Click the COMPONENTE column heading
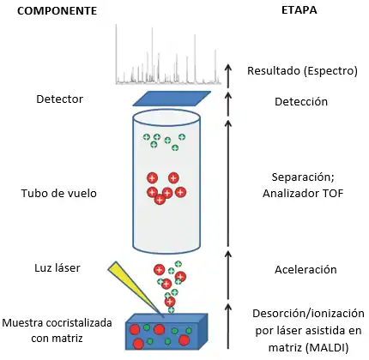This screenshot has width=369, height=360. point(57,11)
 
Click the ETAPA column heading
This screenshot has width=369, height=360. point(299,10)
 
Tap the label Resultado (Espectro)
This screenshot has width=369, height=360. point(302,71)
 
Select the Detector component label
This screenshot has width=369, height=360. point(60,99)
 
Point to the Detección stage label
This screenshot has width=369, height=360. point(301,101)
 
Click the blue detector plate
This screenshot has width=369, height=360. point(172,99)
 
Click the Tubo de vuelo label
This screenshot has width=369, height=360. point(59,194)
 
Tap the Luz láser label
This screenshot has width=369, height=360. point(57,268)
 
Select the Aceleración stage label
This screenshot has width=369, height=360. point(305,270)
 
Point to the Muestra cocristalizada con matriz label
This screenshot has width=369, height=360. point(57,331)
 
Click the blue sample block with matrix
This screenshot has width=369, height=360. point(166,332)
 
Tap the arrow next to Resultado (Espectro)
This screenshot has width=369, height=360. point(228,76)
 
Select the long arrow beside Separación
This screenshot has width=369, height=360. point(228,183)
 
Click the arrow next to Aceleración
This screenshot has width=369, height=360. point(228,275)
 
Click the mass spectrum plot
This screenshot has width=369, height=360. point(168,54)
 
